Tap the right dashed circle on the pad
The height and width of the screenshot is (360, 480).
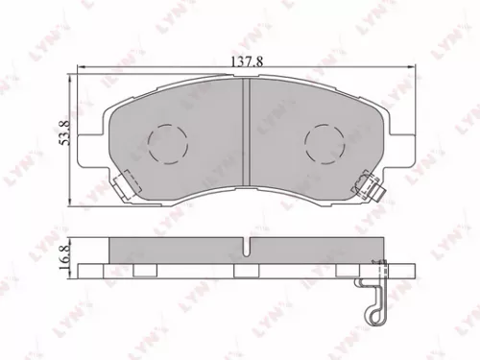[324, 146]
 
